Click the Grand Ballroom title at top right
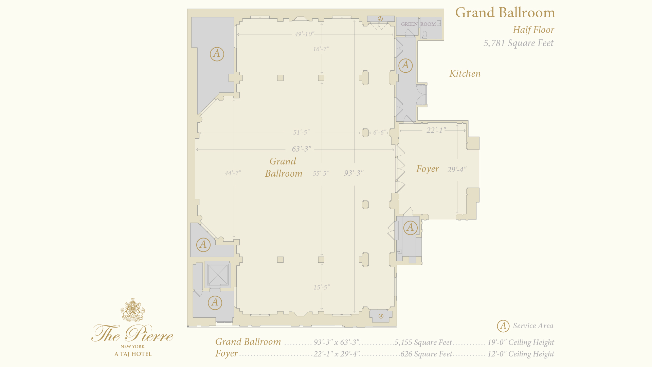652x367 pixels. coord(505,13)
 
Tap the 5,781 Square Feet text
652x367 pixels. coord(519,43)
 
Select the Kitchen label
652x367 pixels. coord(465,73)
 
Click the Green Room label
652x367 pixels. coord(418,24)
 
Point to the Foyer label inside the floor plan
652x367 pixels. coord(428,169)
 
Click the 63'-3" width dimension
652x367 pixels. coord(302,149)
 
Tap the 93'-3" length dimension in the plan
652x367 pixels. coord(354,173)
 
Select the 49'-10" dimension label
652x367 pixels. coord(305,34)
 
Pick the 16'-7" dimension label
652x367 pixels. coord(321,49)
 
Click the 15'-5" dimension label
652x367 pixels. coord(322,287)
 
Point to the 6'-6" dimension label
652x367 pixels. coord(380,132)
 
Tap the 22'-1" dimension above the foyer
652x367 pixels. coord(436,130)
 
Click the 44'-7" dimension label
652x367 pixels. coord(233,173)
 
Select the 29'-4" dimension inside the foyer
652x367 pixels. coord(457,170)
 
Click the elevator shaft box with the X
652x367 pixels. coord(218,275)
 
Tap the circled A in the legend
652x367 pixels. coord(503,326)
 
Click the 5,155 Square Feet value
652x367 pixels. coord(423,342)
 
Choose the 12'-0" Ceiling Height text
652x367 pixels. coord(521,354)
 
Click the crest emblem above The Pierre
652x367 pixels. coord(133,310)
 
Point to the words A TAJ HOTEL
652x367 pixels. coord(133,354)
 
